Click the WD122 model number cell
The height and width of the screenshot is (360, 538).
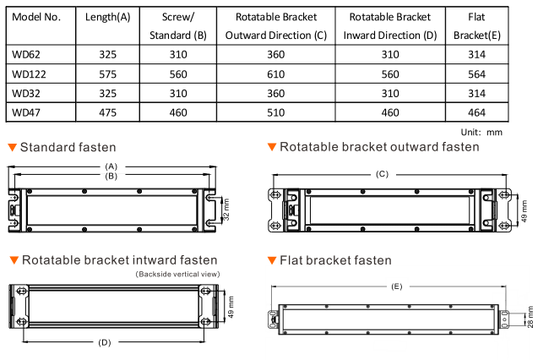29,74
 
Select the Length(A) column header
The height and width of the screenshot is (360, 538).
108,17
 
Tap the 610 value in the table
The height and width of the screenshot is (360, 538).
276,74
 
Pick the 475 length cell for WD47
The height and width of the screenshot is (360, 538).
108,112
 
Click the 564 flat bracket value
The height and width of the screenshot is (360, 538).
476,74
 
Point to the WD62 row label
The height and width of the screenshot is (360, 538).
26,55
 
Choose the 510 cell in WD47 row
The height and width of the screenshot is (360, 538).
276,112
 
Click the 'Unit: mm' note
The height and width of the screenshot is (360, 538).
481,132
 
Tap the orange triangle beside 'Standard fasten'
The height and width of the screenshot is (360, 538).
13,147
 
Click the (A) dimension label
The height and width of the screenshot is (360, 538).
111,166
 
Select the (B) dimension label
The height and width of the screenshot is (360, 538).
111,176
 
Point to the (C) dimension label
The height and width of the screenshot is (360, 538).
382,174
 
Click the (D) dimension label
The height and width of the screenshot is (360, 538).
105,342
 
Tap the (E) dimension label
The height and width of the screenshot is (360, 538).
397,286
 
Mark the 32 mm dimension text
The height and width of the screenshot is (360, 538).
226,210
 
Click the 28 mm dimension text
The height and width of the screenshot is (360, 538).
530,317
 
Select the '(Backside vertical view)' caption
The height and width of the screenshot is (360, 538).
177,274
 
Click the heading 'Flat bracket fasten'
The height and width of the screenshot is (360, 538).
335,260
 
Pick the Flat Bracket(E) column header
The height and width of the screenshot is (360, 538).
477,26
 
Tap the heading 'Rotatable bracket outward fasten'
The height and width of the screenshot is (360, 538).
379,147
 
